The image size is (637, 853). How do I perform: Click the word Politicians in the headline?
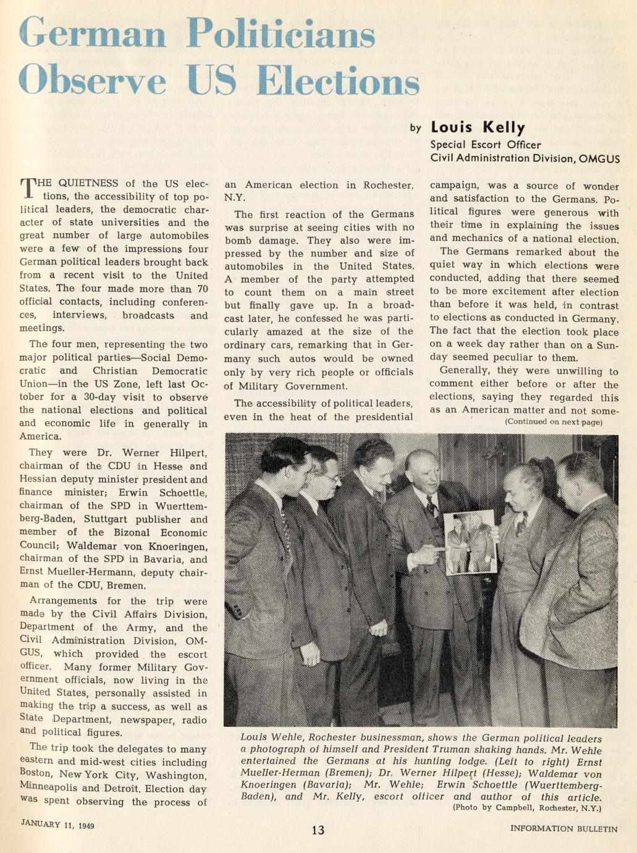click(281, 33)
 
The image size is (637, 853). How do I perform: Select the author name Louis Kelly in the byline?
click(478, 128)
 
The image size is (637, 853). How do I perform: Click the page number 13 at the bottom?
click(318, 830)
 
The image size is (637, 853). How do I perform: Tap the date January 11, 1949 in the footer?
click(57, 825)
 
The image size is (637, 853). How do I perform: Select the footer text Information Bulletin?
click(563, 829)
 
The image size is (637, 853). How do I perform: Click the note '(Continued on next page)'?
click(553, 422)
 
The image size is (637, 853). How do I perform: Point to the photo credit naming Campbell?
click(526, 807)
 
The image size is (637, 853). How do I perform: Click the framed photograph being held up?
click(471, 542)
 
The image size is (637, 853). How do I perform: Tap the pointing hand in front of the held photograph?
click(427, 552)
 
